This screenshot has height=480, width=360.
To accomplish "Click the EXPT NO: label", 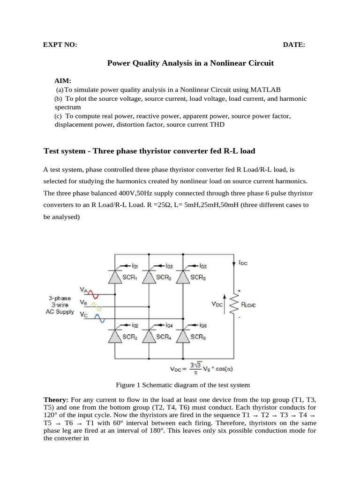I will click(x=60, y=45).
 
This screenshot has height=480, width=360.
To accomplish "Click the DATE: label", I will click(x=294, y=45).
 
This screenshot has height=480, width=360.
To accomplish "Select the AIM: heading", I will click(x=63, y=81).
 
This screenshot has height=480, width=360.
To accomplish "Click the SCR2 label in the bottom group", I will click(x=129, y=336).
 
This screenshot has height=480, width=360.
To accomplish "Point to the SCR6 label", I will click(x=197, y=336).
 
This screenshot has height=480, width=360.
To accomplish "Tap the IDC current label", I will click(x=243, y=263).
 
